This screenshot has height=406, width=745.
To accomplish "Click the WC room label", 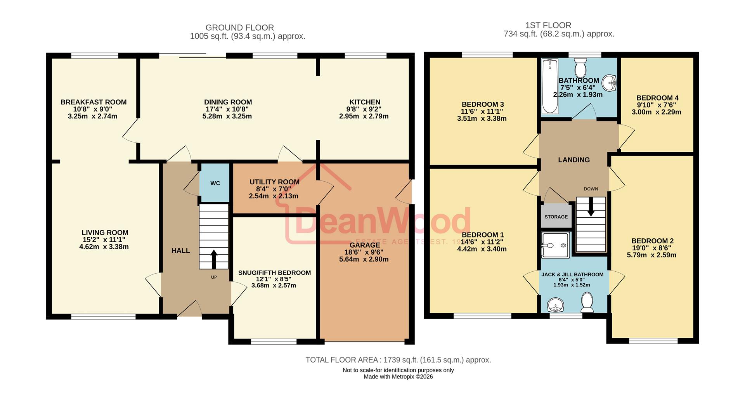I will [x=215, y=183].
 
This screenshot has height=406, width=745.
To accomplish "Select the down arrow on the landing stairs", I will [x=591, y=207].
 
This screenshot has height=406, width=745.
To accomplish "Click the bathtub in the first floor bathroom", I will [x=549, y=86].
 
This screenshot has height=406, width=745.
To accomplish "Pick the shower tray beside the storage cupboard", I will [x=556, y=245].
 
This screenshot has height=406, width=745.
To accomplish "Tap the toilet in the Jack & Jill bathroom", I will [x=587, y=302].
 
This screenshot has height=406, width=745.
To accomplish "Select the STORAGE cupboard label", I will [x=556, y=217].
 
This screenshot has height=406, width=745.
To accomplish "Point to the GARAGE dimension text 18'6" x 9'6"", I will [x=364, y=252].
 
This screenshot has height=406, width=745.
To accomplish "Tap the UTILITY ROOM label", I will [x=274, y=182].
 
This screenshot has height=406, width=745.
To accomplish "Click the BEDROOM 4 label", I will [x=657, y=98].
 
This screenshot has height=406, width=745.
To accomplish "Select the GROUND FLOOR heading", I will [x=239, y=28].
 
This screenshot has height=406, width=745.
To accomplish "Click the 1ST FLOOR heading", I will [x=548, y=25].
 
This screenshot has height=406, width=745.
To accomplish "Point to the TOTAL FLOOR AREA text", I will [x=398, y=360].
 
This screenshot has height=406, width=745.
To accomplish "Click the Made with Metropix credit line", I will [x=398, y=377].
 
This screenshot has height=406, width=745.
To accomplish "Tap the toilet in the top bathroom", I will [x=580, y=68].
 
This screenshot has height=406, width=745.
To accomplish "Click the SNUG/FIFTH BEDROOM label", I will [x=274, y=272].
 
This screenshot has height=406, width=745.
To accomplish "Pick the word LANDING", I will [x=573, y=160].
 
